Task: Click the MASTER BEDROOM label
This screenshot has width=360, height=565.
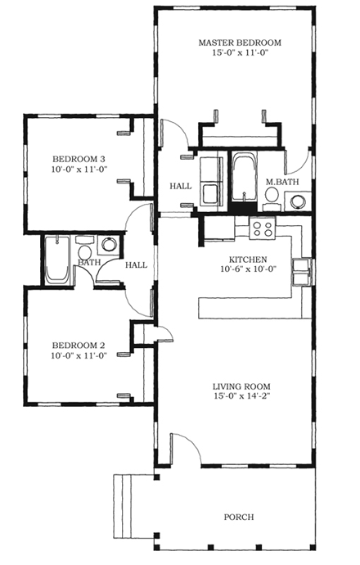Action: (240, 42)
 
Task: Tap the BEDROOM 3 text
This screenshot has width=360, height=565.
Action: (79, 158)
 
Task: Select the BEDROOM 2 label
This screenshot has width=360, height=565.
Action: (79, 345)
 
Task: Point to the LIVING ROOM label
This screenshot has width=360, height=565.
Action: (241, 386)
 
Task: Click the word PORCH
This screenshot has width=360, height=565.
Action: (238, 517)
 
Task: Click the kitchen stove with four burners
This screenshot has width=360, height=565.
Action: (263, 228)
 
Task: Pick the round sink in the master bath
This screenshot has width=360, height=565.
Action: (300, 200)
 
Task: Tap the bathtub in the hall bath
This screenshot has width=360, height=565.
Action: (57, 260)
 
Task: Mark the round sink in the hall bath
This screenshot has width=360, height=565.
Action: (108, 244)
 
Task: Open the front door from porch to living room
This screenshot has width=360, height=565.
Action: (183, 449)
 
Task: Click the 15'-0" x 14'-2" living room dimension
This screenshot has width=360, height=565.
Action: (241, 397)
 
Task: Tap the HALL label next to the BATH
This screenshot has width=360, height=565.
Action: (136, 264)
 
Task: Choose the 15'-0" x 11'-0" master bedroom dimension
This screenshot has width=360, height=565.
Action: (240, 52)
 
